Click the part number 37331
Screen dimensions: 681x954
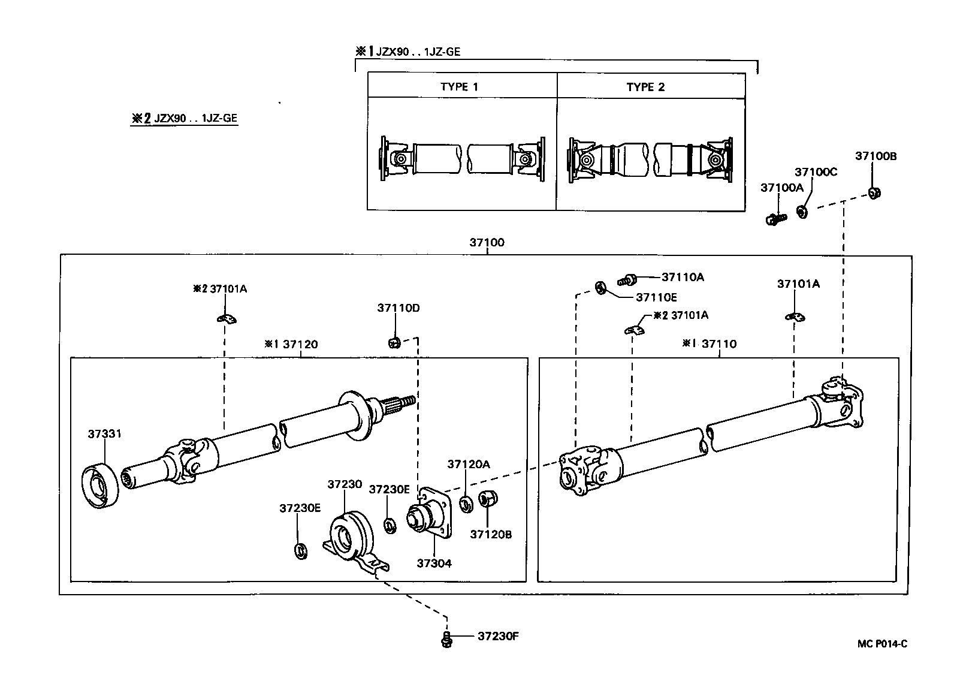pos(104,433)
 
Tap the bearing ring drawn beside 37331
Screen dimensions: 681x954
pos(99,486)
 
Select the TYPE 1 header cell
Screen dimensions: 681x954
pos(459,86)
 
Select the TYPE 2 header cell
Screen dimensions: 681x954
pos(645,86)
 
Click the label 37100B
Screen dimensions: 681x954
pos(875,156)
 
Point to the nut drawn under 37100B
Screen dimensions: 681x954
pos(874,193)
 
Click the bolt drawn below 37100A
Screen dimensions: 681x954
pos(775,219)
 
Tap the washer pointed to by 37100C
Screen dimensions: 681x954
pos(802,211)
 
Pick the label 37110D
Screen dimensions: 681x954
pos(398,308)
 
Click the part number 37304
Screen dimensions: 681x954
pos(434,564)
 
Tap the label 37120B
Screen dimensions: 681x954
pos(491,535)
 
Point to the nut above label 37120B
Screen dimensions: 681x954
pos(487,499)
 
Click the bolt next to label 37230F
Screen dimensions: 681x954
pos(445,639)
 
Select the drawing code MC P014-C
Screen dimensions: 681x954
pos(882,644)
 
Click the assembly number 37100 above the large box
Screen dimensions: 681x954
pos(487,243)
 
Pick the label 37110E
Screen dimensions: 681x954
pos(656,297)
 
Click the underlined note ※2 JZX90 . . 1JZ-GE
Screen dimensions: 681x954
pos(185,118)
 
